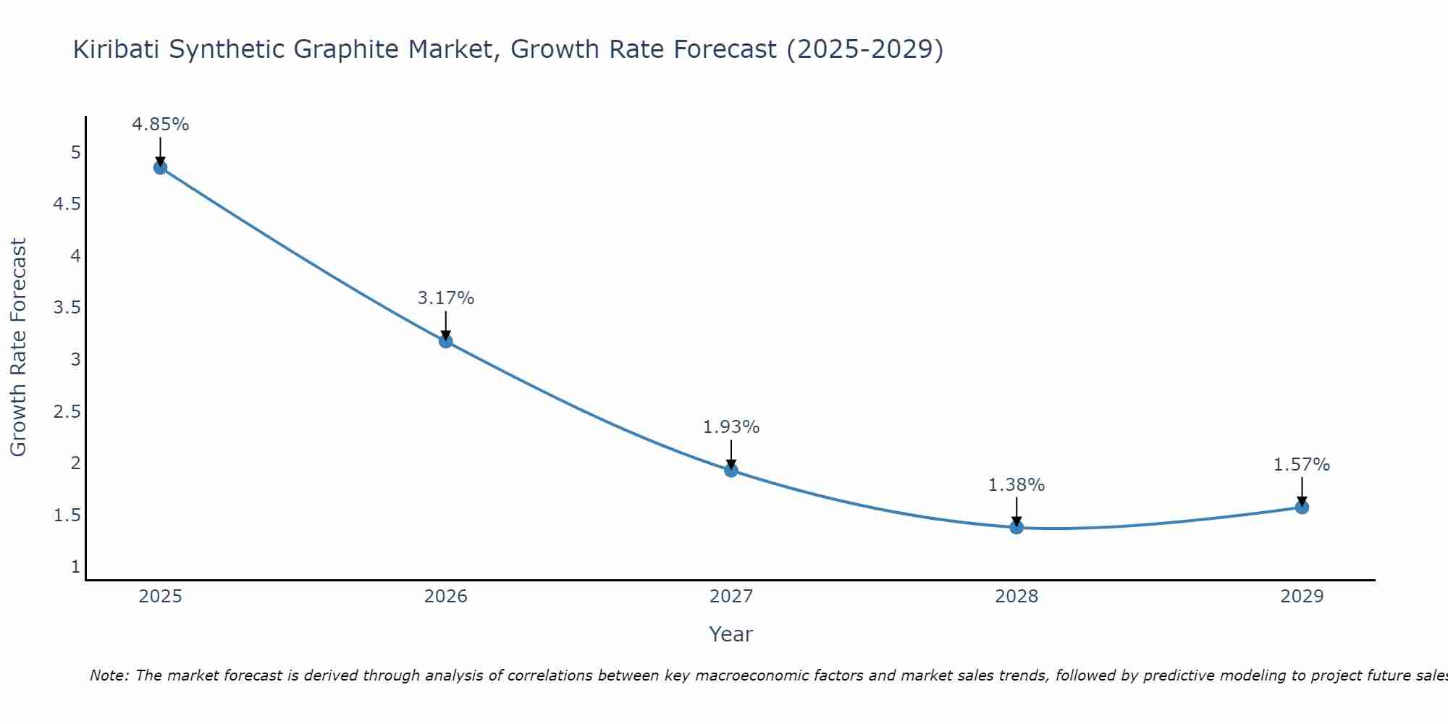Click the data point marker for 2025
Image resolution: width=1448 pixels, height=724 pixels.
point(161,168)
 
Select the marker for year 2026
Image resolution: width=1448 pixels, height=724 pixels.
point(446,341)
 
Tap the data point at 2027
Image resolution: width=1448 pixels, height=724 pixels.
point(731,471)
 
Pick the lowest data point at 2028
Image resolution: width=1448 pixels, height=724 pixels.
point(1016,527)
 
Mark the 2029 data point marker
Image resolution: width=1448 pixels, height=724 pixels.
point(1302,508)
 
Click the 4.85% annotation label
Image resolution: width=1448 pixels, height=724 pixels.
point(161,125)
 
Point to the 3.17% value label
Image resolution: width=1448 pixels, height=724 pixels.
point(446,298)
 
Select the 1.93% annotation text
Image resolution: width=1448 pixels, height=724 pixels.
point(731,427)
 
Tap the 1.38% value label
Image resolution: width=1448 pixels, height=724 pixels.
point(1016,485)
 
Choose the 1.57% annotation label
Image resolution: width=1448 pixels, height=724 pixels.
point(1302,465)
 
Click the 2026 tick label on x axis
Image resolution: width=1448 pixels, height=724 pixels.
point(446,597)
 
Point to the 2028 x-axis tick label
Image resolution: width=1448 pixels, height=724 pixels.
point(1016,597)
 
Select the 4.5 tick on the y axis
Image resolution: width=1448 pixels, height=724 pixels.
point(67,204)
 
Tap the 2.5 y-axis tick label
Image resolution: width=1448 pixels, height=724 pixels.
point(67,411)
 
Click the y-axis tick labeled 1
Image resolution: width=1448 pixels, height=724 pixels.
point(75,567)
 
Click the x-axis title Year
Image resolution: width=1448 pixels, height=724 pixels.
point(731,634)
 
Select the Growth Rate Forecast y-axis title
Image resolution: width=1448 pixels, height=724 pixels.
point(18,348)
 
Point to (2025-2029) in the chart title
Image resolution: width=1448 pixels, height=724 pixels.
point(864,49)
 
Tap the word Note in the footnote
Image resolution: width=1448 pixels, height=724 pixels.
point(109,675)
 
